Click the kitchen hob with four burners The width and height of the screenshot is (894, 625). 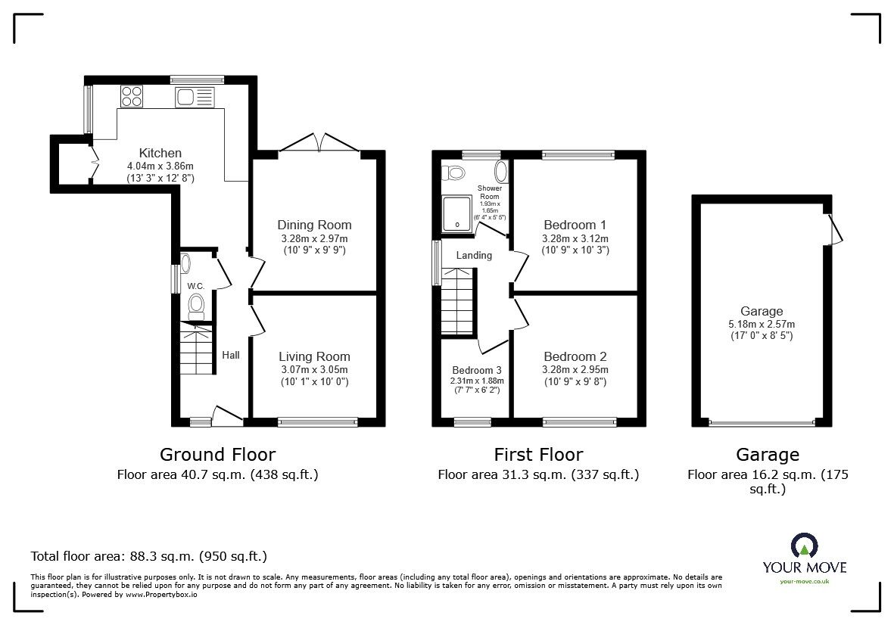point(132,96)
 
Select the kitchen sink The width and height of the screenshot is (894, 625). point(195,97)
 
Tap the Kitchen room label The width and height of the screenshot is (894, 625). point(160,153)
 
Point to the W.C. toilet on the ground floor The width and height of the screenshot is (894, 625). point(196,306)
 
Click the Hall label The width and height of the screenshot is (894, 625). point(231,355)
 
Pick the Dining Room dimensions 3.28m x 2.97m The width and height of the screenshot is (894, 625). point(314,238)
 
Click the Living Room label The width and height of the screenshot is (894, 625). point(314,356)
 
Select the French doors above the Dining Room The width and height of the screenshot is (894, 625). point(319,142)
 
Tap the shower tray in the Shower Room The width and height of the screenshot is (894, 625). point(457,213)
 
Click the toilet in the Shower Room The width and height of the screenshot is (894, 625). point(454,172)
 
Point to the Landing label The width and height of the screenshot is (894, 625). point(474,255)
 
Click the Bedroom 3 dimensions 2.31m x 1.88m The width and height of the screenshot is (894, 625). point(477,381)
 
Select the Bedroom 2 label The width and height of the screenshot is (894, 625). point(575,356)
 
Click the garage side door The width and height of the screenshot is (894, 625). point(834,229)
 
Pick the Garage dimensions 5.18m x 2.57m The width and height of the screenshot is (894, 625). point(762,324)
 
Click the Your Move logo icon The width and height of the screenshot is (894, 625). point(805,546)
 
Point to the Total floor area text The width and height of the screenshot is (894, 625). point(149,556)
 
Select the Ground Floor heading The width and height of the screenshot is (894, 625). point(217,455)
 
